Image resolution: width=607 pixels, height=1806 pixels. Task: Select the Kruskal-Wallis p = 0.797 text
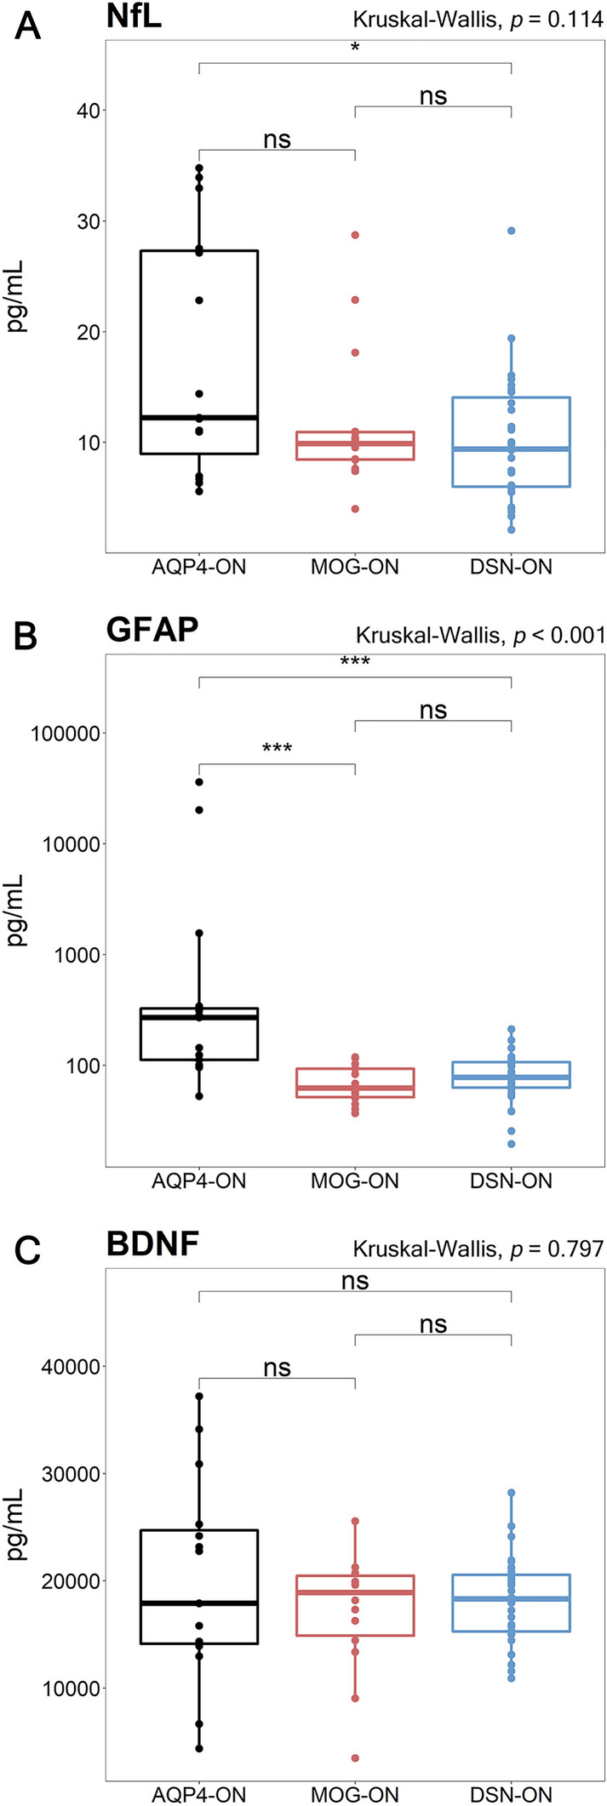click(478, 1249)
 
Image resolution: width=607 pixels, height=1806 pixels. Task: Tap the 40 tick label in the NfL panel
click(83, 111)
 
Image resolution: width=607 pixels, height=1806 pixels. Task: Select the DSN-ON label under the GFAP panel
click(511, 1181)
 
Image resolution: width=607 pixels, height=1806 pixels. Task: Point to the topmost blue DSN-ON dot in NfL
click(512, 231)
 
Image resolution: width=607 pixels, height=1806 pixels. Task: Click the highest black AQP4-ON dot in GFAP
click(199, 781)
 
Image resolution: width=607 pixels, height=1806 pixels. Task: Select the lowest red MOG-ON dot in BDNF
click(355, 1757)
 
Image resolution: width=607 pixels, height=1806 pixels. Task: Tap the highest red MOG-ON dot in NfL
click(355, 235)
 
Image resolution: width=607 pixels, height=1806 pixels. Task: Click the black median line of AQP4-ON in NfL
click(199, 417)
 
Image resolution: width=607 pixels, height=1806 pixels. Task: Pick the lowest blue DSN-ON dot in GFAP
click(512, 1143)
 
